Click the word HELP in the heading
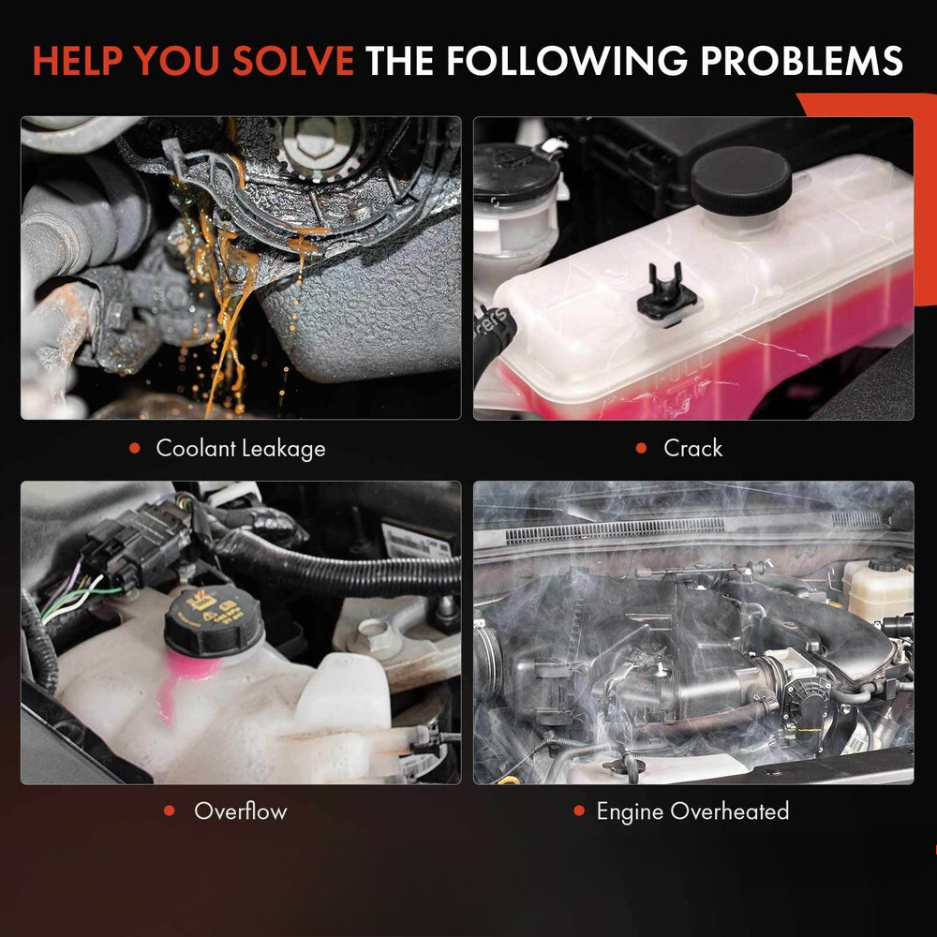77,60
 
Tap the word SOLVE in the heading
293,60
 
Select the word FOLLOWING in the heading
568,60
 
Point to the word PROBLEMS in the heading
801,60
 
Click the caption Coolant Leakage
240,448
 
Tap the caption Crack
692,448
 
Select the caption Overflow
240,811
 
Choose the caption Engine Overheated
692,811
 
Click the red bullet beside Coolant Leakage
135,448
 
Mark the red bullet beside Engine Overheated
578,811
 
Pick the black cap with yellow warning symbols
214,621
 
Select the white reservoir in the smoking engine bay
877,589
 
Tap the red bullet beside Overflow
169,811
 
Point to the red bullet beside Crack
641,448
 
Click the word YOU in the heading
177,60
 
